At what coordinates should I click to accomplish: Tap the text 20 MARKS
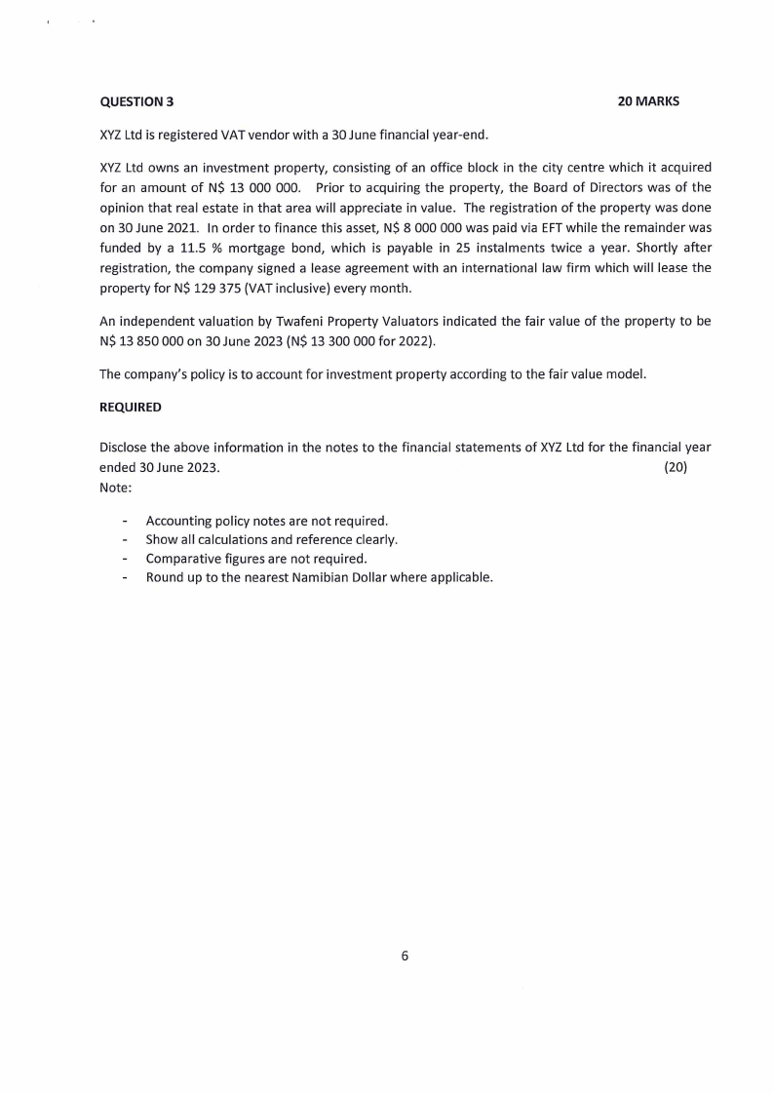pyautogui.click(x=648, y=101)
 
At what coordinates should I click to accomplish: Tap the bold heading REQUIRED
pyautogui.click(x=131, y=407)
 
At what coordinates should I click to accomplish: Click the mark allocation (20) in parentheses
pyautogui.click(x=676, y=468)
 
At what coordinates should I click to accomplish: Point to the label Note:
pyautogui.click(x=115, y=488)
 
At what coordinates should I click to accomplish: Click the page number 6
pyautogui.click(x=405, y=956)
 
